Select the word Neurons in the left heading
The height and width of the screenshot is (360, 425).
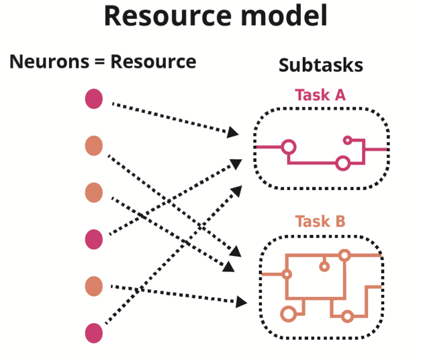(49, 62)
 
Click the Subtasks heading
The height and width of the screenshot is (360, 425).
(320, 65)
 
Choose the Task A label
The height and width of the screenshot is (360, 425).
(320, 95)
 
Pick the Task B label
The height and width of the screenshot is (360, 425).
(320, 221)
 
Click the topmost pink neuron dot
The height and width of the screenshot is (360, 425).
(94, 99)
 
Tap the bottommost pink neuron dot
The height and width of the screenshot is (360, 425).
(94, 332)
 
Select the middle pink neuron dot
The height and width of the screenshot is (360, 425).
(94, 239)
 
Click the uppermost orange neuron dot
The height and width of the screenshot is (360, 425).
(94, 146)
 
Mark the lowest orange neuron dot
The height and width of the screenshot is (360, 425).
(94, 286)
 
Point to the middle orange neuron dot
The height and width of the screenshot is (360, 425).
(94, 193)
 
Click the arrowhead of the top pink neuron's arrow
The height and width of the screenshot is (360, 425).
(233, 132)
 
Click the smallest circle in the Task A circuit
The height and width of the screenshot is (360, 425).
(347, 140)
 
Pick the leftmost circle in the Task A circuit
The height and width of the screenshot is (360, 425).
(289, 147)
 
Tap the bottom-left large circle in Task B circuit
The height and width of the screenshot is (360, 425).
(289, 314)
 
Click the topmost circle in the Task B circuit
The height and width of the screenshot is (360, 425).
(344, 255)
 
